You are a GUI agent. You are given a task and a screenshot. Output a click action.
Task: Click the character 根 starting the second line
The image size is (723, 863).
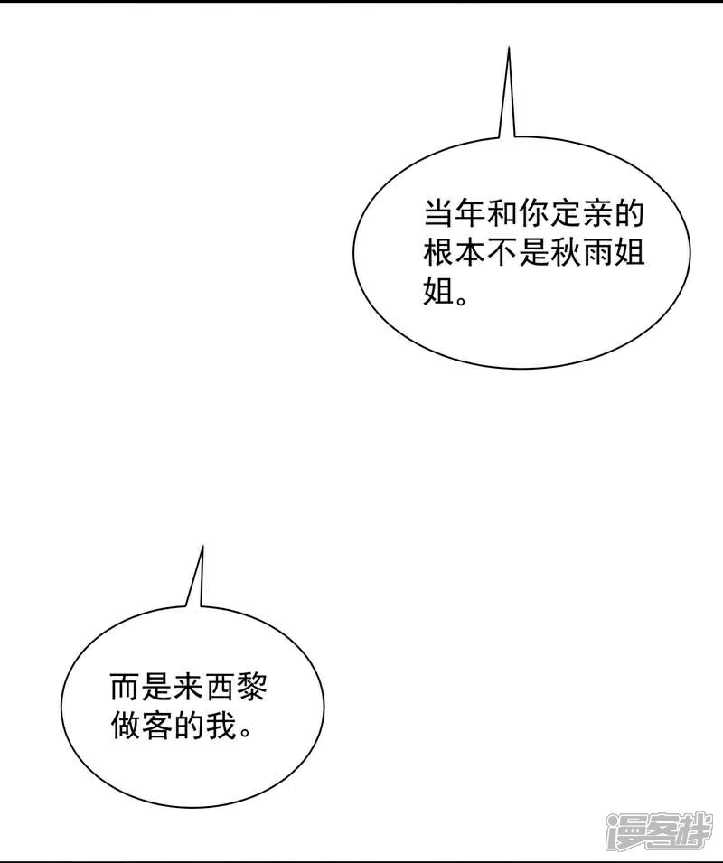(439, 254)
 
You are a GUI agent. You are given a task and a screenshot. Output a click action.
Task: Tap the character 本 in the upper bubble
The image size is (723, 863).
(471, 254)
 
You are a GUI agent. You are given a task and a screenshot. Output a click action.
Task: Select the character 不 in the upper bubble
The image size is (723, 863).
(502, 254)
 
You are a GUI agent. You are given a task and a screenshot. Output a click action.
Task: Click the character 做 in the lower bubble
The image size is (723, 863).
(126, 726)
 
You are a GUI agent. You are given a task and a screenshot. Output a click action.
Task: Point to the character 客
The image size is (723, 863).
(157, 726)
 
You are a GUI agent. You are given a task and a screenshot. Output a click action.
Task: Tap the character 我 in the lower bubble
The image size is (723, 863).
(221, 726)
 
